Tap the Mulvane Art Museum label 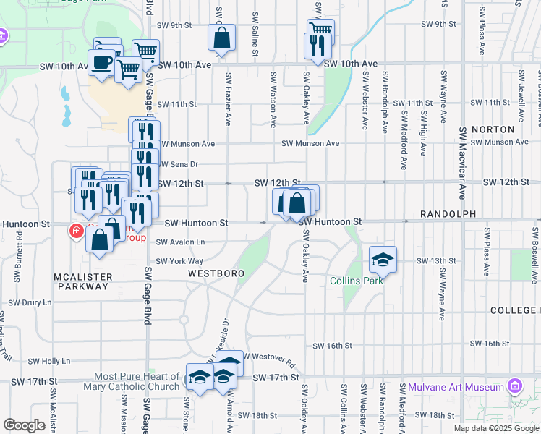pyautogui.click(x=455, y=387)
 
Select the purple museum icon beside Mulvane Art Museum pyautogui.click(x=514, y=386)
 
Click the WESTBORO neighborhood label pyautogui.click(x=216, y=273)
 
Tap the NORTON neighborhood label pyautogui.click(x=492, y=129)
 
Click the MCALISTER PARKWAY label pyautogui.click(x=82, y=281)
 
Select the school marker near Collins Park pyautogui.click(x=383, y=259)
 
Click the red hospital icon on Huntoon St pyautogui.click(x=74, y=231)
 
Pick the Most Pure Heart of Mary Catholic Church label pyautogui.click(x=137, y=380)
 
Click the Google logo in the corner pyautogui.click(x=24, y=425)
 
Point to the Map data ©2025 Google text pyautogui.click(x=495, y=428)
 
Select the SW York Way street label pyautogui.click(x=180, y=261)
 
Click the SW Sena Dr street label pyautogui.click(x=178, y=164)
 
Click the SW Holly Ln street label pyautogui.click(x=48, y=360)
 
